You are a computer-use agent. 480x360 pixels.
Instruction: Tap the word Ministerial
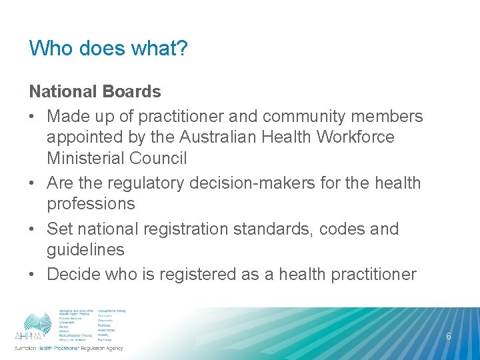[x=85, y=159]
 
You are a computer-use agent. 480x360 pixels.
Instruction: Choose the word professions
[x=91, y=204]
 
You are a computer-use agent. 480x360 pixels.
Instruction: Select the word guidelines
[x=85, y=250]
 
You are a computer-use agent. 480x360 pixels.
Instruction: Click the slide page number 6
[x=449, y=337]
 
